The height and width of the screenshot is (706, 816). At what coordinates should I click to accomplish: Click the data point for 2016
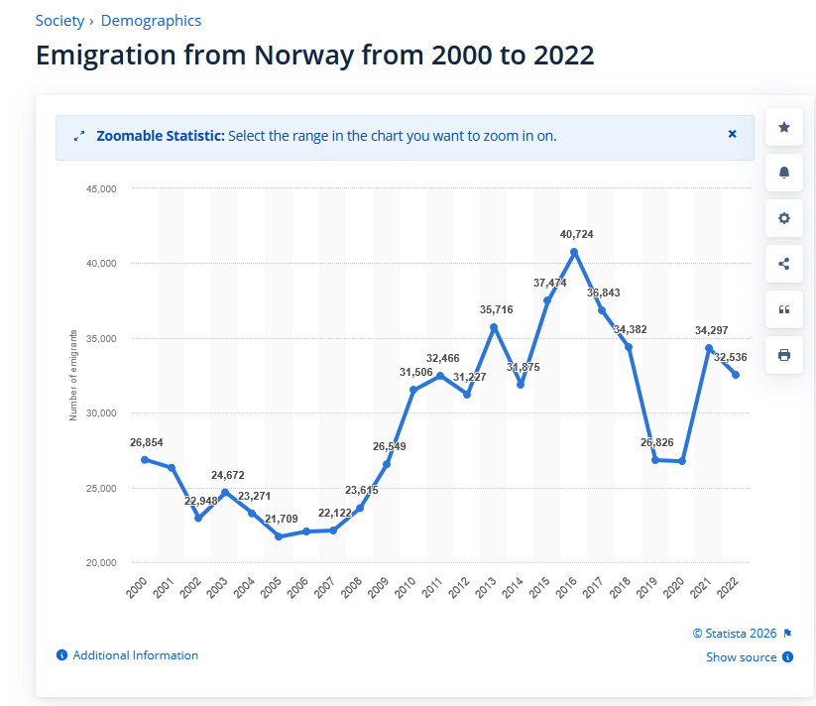[x=574, y=252]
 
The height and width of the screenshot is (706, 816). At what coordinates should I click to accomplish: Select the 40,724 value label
[x=576, y=234]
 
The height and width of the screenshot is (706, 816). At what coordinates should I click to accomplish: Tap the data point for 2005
[x=279, y=536]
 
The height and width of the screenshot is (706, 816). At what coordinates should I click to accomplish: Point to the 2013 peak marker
[x=494, y=327]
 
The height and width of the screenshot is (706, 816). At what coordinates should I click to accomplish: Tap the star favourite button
[x=784, y=127]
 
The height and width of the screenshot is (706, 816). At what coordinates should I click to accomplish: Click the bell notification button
[x=784, y=173]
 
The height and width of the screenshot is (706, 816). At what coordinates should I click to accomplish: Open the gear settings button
[x=784, y=218]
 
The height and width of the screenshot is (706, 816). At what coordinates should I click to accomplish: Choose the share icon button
[x=784, y=264]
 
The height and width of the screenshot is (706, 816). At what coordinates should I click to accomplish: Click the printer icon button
[x=784, y=355]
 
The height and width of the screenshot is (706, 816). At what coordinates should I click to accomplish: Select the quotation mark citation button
[x=784, y=309]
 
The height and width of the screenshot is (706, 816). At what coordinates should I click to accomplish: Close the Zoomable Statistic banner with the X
[x=733, y=134]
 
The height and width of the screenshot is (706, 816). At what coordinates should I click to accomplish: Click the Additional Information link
[x=135, y=655]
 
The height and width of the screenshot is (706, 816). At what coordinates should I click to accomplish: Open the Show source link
[x=741, y=657]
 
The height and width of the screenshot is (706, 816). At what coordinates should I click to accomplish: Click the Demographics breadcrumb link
[x=151, y=21]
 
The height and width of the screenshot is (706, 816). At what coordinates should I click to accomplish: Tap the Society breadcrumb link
[x=59, y=21]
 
